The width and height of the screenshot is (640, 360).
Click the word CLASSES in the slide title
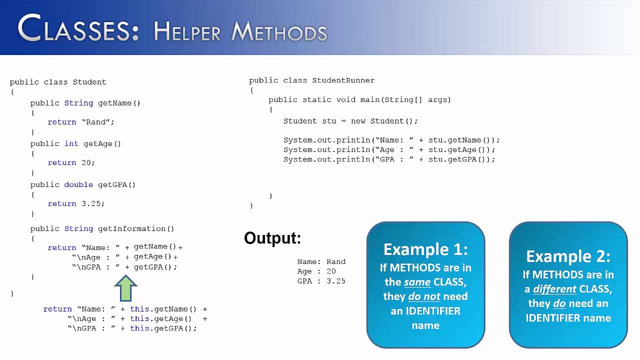point(78,28)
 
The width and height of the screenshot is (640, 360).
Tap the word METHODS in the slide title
point(279,31)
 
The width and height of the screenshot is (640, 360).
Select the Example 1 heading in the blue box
point(425,249)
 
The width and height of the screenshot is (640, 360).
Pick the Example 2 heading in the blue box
point(568,256)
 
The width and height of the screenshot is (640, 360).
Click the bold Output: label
point(272,238)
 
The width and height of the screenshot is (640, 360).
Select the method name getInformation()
point(136,228)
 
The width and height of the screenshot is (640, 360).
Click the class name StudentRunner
point(343,80)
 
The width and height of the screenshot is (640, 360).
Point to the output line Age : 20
point(316,271)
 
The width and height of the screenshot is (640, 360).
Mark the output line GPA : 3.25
point(321,281)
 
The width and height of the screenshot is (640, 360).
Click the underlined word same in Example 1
point(417,282)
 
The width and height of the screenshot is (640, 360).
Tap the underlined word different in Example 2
point(554,289)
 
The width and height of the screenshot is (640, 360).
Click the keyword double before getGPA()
point(78,184)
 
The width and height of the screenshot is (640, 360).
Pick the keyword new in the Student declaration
point(358,121)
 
